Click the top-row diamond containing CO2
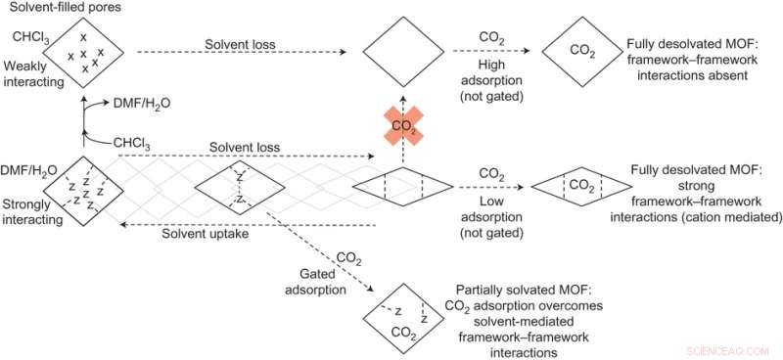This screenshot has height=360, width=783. click(x=583, y=51)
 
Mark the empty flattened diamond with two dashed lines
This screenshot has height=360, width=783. click(x=401, y=184)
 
